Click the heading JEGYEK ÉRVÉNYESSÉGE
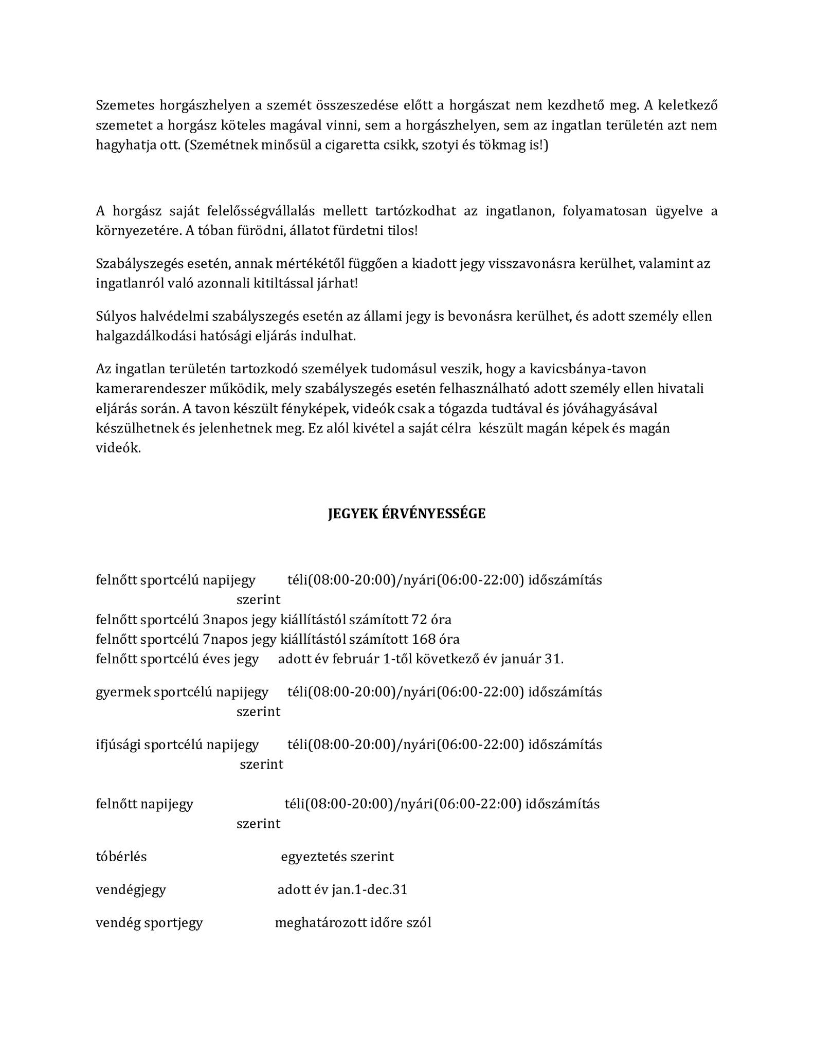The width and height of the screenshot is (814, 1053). [406, 514]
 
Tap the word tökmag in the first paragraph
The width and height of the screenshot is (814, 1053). [503, 146]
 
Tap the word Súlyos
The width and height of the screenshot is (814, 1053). [114, 316]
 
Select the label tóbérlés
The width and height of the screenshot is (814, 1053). [121, 857]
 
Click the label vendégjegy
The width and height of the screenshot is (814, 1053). [131, 889]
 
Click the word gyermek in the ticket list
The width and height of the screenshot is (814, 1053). [116, 692]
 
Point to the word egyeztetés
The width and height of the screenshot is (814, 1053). [313, 857]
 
